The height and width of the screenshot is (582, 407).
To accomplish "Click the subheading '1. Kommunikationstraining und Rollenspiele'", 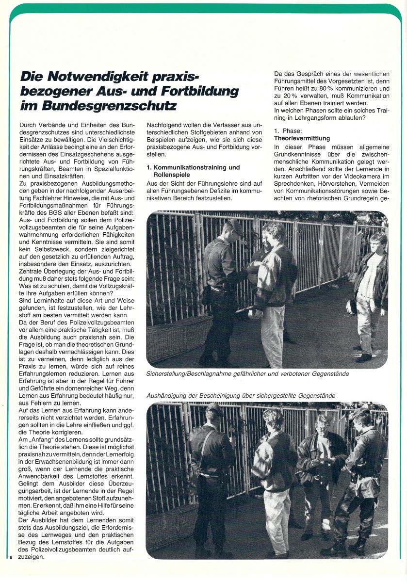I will coord(193,171).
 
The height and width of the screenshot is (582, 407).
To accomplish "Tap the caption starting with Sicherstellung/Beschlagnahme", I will coord(247,374).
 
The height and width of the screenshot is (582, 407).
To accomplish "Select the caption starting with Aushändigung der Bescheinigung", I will coord(241,396).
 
